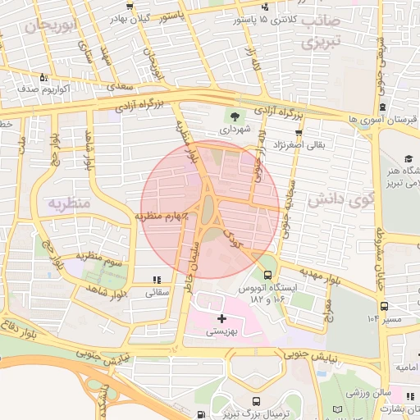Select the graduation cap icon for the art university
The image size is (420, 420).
click(409, 158)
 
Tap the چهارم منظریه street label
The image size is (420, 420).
click(162, 217)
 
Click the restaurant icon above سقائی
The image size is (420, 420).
click(156, 281)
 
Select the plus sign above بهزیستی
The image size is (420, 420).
click(221, 317)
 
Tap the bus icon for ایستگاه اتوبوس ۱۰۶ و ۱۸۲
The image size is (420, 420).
click(267, 274)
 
